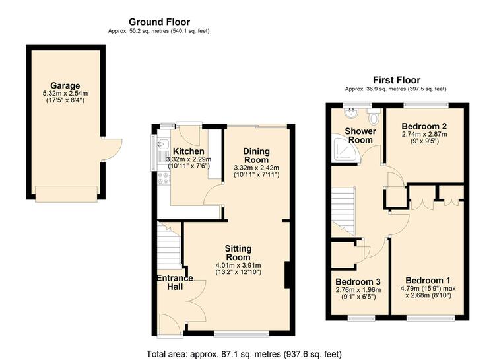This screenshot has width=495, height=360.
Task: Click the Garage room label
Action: click(65, 85)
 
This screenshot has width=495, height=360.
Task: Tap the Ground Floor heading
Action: click(160, 22)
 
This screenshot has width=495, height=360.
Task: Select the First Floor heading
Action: click(397, 80)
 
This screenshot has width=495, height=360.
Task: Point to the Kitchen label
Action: click(189, 151)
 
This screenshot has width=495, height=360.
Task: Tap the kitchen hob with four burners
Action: click(164, 178)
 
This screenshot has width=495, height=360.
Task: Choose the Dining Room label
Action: click(256, 155)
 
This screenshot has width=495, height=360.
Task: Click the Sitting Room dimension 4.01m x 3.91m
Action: click(238, 265)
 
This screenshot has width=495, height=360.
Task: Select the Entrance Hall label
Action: click(175, 283)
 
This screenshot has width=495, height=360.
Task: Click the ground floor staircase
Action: click(169, 244)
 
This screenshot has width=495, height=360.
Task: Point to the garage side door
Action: click(112, 150)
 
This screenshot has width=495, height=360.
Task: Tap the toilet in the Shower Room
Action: click(374, 116)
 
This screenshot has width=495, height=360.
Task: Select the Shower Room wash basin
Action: click(350, 113)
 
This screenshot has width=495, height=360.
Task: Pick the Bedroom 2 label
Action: click(424, 126)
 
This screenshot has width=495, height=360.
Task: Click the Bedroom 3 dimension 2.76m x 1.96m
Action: click(358, 290)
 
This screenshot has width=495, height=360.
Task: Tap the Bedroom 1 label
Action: click(428, 281)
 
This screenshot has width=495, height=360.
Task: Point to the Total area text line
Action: click(244, 354)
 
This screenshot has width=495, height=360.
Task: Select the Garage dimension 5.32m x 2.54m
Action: click(65, 94)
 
